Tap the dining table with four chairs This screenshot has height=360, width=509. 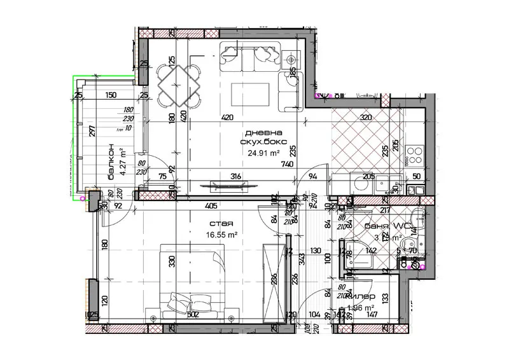coord(179,83)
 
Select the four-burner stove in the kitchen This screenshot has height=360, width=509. coord(415,155)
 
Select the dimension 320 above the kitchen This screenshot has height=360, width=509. coord(366,117)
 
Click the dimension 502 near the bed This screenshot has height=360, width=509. coord(193,314)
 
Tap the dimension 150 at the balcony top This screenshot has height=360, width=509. coord(111,95)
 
